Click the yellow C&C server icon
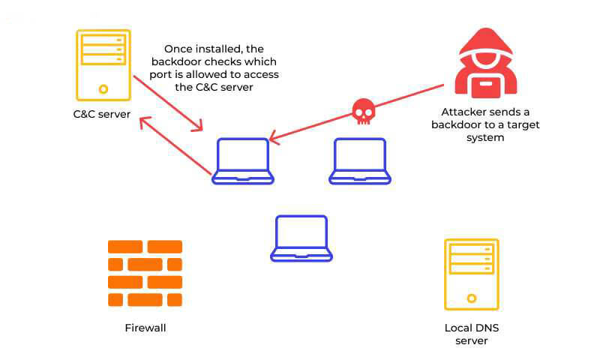(103, 65)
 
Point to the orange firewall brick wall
(145, 273)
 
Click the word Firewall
(145, 328)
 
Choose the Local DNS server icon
(471, 274)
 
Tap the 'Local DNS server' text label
(472, 334)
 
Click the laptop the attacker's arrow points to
(242, 160)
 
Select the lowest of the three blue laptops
(301, 238)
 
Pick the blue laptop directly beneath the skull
(360, 160)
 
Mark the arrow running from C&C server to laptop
(168, 103)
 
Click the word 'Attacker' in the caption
(458, 110)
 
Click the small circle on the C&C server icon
(103, 89)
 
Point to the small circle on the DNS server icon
(471, 298)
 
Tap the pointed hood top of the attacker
(485, 30)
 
